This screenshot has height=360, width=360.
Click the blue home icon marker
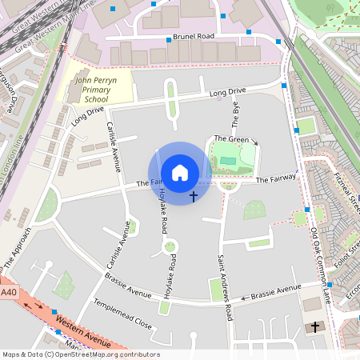[x=180, y=173]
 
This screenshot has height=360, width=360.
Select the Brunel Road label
[x=195, y=37]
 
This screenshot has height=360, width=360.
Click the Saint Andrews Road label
[x=225, y=288]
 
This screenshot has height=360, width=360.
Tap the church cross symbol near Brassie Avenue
[x=315, y=326]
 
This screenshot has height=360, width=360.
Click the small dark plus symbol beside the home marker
[x=194, y=195]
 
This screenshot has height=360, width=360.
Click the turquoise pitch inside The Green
[x=229, y=161]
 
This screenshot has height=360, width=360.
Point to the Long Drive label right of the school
[x=227, y=93]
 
